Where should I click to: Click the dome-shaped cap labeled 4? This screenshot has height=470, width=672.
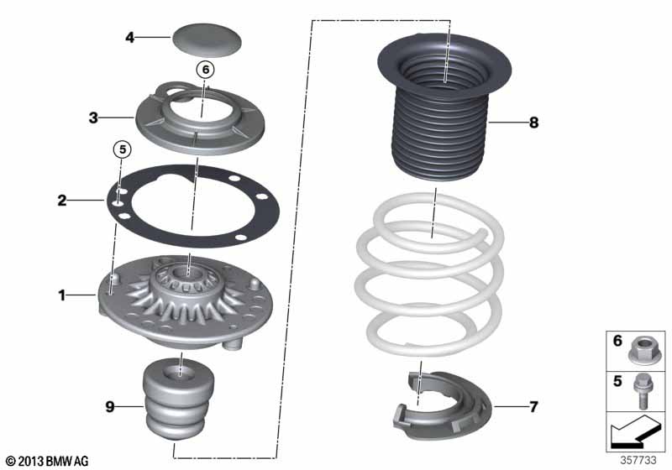tap(207, 40)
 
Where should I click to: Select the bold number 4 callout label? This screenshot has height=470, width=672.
tap(130, 38)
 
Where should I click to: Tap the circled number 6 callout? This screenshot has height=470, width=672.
tap(205, 70)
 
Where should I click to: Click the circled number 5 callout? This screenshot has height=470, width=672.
tap(123, 150)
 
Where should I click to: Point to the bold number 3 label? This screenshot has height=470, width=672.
tap(93, 117)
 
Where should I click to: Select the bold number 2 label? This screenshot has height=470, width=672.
tap(62, 201)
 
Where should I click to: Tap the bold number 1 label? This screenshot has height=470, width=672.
tap(62, 295)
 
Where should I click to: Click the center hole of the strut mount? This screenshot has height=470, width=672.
tap(188, 272)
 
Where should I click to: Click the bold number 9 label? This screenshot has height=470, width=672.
tap(110, 407)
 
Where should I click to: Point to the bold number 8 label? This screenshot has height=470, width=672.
tap(533, 123)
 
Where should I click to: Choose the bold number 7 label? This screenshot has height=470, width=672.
tap(533, 407)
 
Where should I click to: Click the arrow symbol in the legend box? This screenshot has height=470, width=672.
tap(634, 432)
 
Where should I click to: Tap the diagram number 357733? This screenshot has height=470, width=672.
tap(638, 460)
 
